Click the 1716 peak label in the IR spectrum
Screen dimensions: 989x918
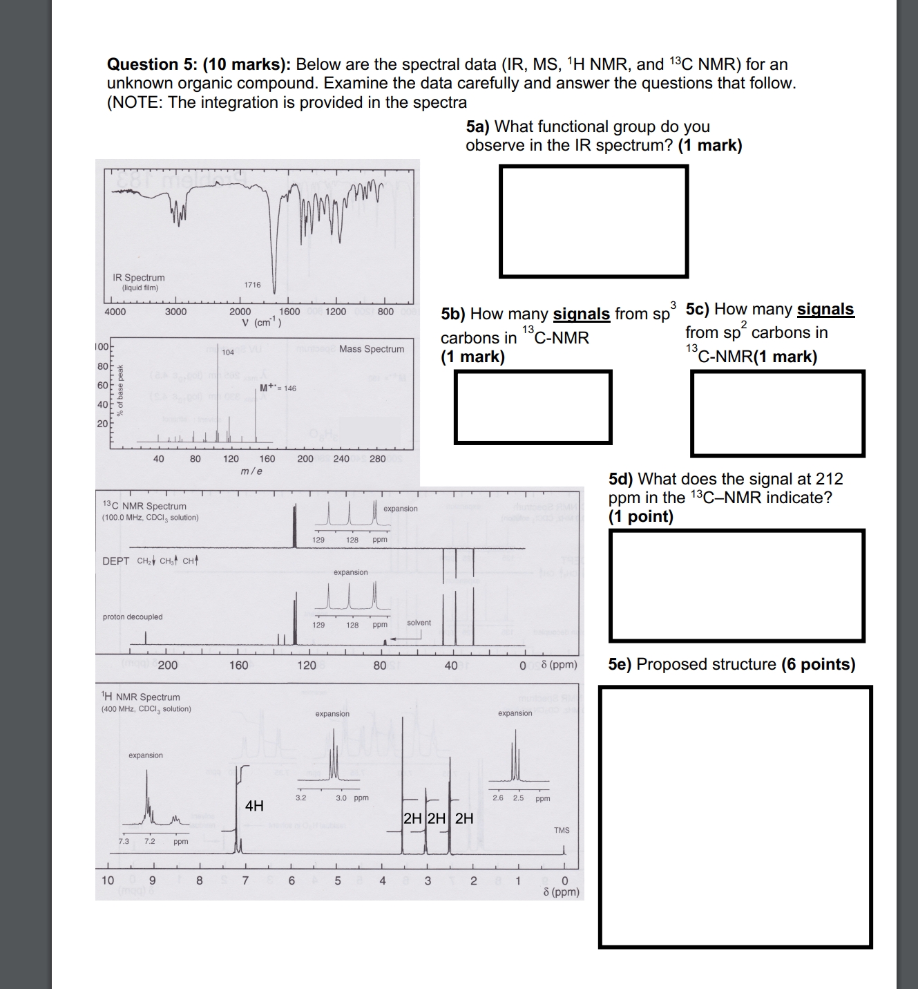click(252, 285)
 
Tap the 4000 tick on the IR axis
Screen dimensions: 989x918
click(115, 312)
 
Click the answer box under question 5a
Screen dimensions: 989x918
click(593, 221)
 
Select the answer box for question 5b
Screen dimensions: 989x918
click(533, 407)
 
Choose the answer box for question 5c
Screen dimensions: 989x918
click(777, 413)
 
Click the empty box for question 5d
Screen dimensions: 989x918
click(736, 585)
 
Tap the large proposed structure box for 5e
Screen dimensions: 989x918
click(735, 817)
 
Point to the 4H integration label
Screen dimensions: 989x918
click(254, 805)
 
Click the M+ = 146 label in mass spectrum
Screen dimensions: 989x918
click(278, 388)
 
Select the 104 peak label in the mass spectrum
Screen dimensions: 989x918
click(228, 352)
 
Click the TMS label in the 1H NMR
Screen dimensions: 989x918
click(562, 830)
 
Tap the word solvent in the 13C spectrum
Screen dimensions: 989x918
click(419, 623)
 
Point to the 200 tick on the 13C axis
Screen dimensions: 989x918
click(168, 666)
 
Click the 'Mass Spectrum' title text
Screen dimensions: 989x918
click(372, 349)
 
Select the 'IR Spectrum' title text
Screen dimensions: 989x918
click(139, 278)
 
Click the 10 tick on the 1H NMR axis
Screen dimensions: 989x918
click(108, 880)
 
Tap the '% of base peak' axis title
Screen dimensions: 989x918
click(121, 390)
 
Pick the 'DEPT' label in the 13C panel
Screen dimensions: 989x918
click(115, 561)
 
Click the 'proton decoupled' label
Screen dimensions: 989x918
click(133, 616)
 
